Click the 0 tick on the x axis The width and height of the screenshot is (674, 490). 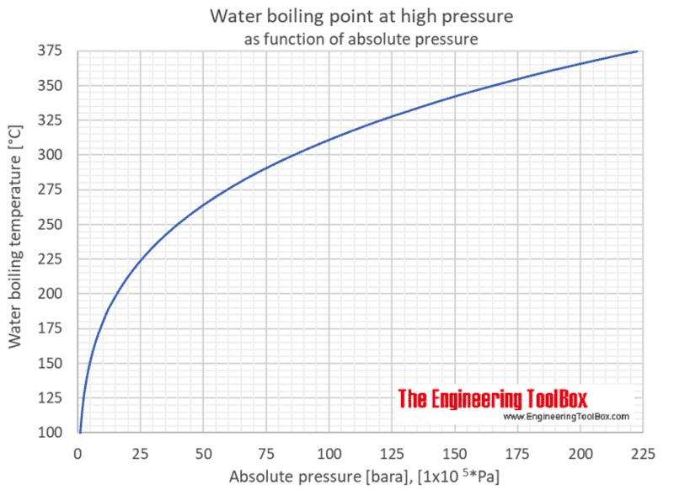click(x=78, y=453)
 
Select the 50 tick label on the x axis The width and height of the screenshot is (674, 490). click(x=202, y=453)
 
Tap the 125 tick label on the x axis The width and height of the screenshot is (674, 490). click(x=390, y=453)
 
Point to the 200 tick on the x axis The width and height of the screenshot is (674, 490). click(x=578, y=453)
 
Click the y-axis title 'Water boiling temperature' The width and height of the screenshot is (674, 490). click(x=16, y=242)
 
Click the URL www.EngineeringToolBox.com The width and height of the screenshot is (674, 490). click(x=566, y=417)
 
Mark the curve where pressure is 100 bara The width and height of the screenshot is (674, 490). click(x=328, y=139)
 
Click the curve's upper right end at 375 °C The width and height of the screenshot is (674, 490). click(x=639, y=51)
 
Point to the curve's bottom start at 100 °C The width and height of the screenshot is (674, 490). click(x=80, y=431)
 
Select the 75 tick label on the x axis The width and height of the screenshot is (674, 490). click(x=265, y=453)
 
